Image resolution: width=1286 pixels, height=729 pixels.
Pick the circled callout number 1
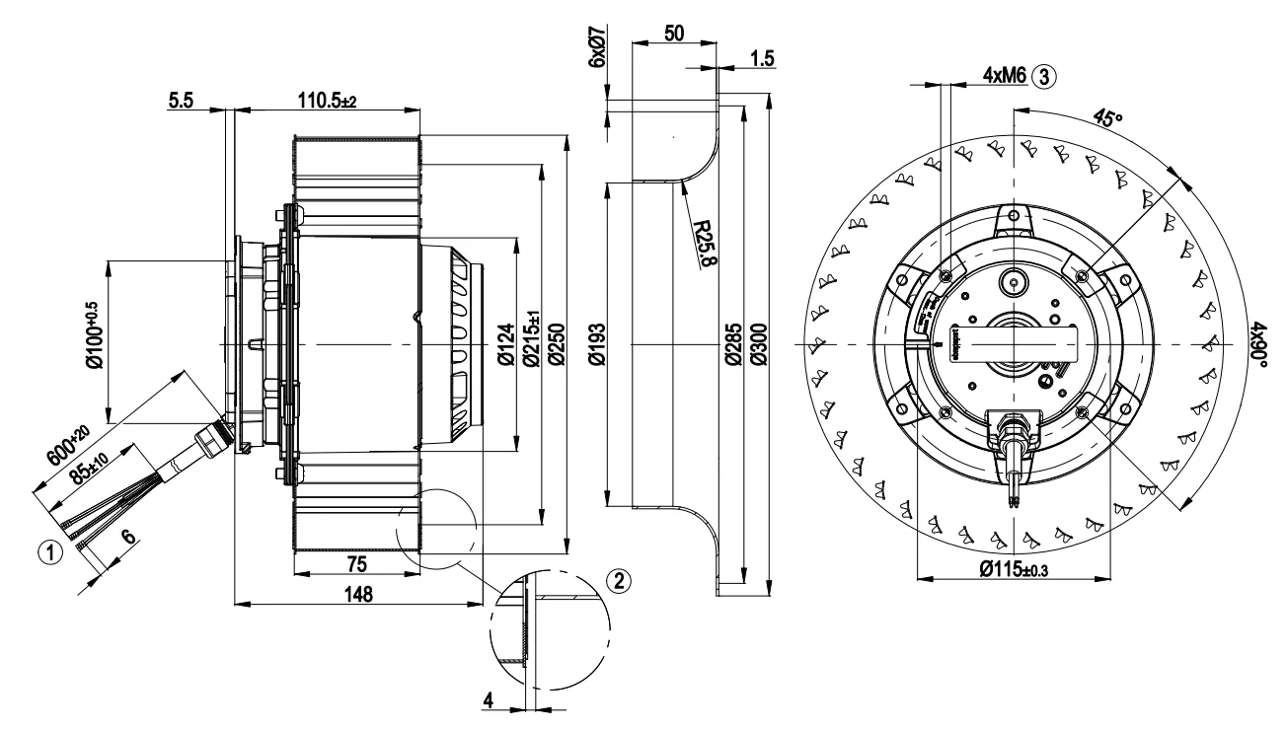click(58, 550)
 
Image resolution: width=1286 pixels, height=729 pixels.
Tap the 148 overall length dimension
click(358, 593)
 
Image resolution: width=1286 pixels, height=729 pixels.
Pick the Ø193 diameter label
click(596, 345)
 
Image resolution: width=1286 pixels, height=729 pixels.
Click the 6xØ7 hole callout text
click(595, 46)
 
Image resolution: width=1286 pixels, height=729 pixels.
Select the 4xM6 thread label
click(1005, 75)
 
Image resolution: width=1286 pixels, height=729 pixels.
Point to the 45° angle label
click(1108, 119)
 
